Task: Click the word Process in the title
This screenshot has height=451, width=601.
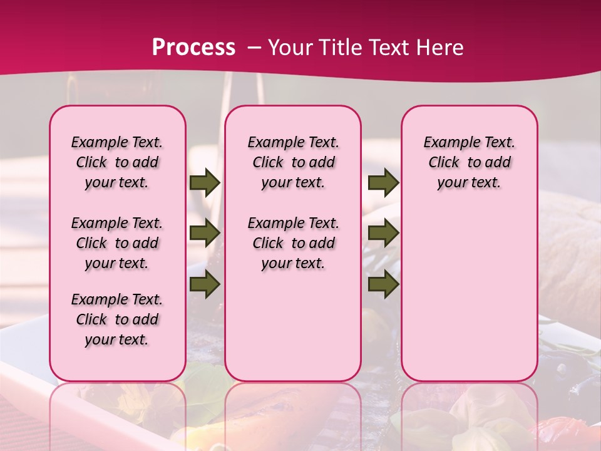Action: tap(193, 48)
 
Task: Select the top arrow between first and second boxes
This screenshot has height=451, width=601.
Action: tap(205, 182)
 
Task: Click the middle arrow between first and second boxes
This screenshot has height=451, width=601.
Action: tap(205, 233)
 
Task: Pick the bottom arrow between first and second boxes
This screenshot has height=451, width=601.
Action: tap(205, 285)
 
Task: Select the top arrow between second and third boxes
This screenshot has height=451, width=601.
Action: tap(383, 182)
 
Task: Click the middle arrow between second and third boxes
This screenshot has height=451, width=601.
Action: tap(383, 233)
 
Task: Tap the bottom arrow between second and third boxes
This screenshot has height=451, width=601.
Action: tap(383, 285)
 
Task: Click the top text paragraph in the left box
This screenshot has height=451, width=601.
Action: tap(117, 162)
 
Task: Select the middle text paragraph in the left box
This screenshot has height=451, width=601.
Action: tap(117, 243)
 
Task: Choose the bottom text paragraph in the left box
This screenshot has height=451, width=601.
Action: tap(117, 319)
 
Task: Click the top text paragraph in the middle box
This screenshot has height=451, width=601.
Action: tap(293, 162)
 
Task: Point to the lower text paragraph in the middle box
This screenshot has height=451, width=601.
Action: tap(293, 243)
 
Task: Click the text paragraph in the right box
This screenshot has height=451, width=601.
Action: tap(469, 162)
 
